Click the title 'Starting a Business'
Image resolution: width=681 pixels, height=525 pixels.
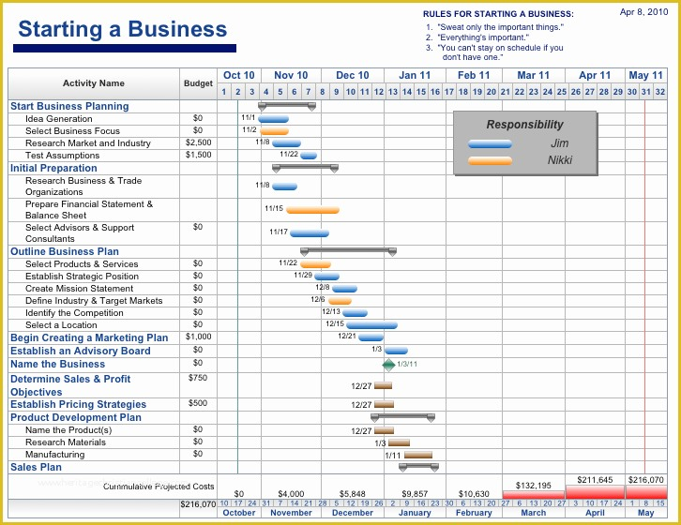tap(123, 29)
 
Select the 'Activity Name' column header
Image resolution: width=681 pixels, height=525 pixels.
tap(94, 83)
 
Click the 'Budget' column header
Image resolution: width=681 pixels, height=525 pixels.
tap(198, 83)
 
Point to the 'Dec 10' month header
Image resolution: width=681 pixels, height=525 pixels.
tap(353, 75)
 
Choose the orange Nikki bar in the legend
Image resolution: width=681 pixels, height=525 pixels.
tap(490, 160)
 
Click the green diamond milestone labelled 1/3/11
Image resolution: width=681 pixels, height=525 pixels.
tap(388, 364)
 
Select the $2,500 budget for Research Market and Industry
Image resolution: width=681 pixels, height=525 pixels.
tap(198, 143)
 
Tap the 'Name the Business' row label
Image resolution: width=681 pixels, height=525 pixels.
tap(57, 364)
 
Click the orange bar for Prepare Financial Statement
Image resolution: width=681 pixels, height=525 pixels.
tap(312, 210)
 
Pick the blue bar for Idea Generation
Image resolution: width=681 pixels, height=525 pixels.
tap(274, 119)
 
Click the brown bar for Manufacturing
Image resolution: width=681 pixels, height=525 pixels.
tap(417, 455)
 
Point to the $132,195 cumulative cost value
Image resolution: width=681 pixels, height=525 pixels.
tap(534, 486)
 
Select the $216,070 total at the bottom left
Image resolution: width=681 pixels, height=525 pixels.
tap(198, 504)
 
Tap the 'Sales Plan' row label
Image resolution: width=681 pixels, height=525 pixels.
tap(36, 467)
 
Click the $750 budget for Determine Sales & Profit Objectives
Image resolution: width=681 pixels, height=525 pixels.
tap(198, 378)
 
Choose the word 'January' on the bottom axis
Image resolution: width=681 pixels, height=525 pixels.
tap(415, 514)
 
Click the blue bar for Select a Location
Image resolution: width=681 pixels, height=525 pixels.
tap(371, 325)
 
